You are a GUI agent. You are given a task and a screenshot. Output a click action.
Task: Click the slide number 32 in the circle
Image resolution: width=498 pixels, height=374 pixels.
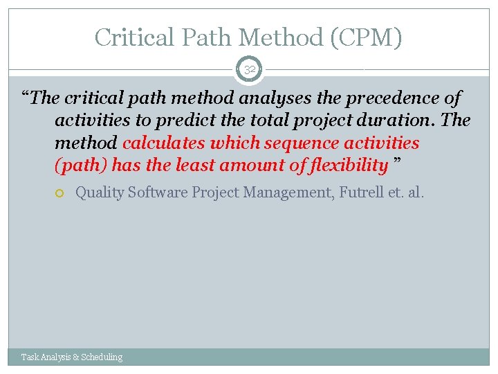coord(249,70)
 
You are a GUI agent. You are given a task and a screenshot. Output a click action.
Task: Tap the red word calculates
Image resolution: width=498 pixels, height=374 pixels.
coord(163,143)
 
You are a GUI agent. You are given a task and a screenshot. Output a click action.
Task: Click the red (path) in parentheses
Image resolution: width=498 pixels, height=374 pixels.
coord(81,165)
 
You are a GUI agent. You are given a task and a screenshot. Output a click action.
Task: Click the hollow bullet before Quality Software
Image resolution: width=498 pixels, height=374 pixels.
coord(61,193)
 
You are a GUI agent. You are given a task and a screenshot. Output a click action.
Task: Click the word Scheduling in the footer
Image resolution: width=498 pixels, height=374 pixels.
coord(102,357)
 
